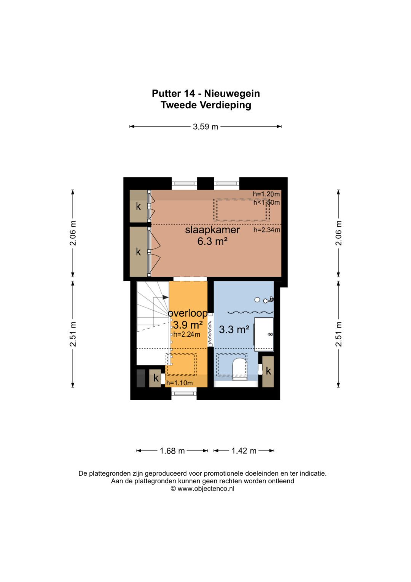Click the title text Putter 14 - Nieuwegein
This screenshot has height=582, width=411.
(205, 93)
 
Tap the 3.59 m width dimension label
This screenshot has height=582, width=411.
(205, 127)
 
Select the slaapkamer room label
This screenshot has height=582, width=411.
(212, 230)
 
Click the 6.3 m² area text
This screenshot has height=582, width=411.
(212, 241)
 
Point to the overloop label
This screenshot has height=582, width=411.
(188, 313)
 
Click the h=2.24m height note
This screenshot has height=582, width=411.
(187, 334)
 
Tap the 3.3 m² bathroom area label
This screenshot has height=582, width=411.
(234, 329)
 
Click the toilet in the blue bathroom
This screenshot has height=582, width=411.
(239, 369)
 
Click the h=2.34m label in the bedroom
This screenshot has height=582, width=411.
(267, 230)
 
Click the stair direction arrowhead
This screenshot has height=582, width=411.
(166, 297)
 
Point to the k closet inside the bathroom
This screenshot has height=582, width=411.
(268, 372)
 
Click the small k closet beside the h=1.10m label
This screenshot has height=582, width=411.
(155, 378)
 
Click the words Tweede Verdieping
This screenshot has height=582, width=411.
(206, 105)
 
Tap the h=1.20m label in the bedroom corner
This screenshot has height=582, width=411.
(266, 194)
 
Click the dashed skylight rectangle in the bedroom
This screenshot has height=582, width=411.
(241, 210)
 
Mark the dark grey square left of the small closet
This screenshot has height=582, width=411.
(141, 378)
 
